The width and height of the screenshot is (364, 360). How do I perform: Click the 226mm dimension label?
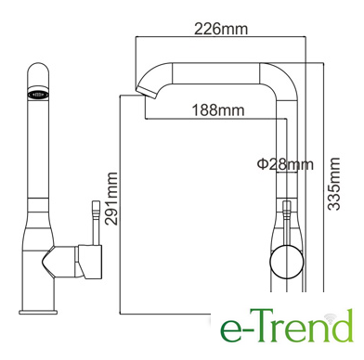[221, 29]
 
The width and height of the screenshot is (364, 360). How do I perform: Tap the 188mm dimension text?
[218, 109]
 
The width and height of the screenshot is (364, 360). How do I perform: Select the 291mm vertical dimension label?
[111, 199]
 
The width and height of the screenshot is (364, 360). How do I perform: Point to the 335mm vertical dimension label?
[333, 184]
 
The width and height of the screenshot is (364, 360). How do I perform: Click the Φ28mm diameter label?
[285, 164]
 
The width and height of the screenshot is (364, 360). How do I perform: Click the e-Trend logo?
[287, 326]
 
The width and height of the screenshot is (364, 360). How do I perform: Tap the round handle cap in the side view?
[286, 262]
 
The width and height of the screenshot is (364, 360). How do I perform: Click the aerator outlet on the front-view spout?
[38, 94]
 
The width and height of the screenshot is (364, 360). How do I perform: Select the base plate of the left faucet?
[38, 312]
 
